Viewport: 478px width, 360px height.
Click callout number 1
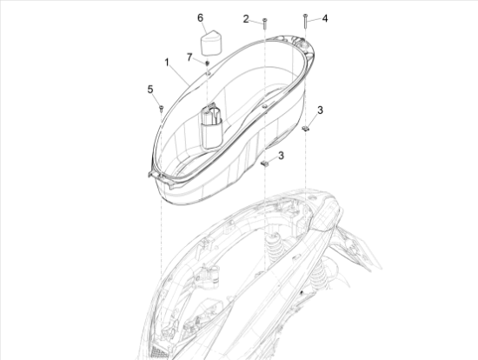pos(167,63)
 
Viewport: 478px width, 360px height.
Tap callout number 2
pos(246,19)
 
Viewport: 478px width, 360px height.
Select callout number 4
pos(325,18)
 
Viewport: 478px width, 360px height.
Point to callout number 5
pos(150,90)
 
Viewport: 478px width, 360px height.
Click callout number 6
pos(200,17)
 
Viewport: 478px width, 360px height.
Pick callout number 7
pos(189,57)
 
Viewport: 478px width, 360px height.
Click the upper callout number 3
pos(320,110)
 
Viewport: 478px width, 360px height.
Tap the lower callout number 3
pos(281,156)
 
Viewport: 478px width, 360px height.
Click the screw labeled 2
pos(264,23)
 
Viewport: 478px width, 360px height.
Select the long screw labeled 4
pos(305,21)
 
